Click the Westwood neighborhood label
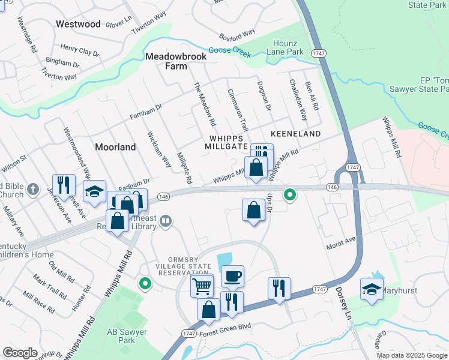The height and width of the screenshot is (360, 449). [x=78, y=25]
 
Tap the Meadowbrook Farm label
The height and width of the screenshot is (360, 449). [x=176, y=61]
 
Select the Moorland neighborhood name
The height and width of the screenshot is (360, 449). [x=115, y=147]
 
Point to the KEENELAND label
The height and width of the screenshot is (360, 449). [x=295, y=133]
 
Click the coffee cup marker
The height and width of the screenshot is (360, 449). [x=232, y=276]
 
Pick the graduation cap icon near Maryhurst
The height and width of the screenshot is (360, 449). [x=372, y=288]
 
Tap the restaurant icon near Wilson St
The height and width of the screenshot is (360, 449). [x=63, y=185]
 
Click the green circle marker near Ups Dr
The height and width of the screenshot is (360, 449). [x=290, y=194]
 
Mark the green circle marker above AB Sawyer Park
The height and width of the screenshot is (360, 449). [x=144, y=283]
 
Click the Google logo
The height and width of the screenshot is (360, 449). [x=20, y=353]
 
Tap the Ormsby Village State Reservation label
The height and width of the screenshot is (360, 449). [x=184, y=266]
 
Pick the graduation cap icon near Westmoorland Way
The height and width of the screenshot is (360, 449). [x=94, y=191]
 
